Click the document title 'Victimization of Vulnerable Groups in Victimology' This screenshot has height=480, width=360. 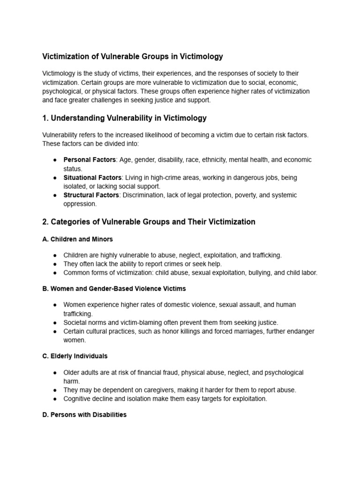click(x=133, y=57)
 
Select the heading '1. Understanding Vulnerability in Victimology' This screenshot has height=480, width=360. click(x=124, y=118)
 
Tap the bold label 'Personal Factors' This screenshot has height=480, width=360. click(x=90, y=160)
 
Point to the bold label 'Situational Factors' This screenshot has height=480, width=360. click(x=92, y=178)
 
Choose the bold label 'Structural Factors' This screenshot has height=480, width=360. click(x=91, y=195)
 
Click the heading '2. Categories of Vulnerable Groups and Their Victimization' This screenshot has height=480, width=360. click(x=149, y=222)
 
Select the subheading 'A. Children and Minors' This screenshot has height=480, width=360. click(x=77, y=239)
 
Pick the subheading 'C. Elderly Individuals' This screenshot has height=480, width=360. click(x=75, y=356)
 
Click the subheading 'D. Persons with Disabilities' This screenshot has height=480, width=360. click(x=84, y=415)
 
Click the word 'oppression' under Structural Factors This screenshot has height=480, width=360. click(x=80, y=204)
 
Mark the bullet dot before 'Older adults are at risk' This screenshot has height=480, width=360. click(x=55, y=373)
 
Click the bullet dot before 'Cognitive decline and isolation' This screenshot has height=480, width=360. click(x=55, y=399)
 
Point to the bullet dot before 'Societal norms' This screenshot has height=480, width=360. click(x=55, y=322)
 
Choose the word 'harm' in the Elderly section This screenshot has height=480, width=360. click(x=72, y=382)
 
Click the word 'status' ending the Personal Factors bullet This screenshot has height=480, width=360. click(x=72, y=169)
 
